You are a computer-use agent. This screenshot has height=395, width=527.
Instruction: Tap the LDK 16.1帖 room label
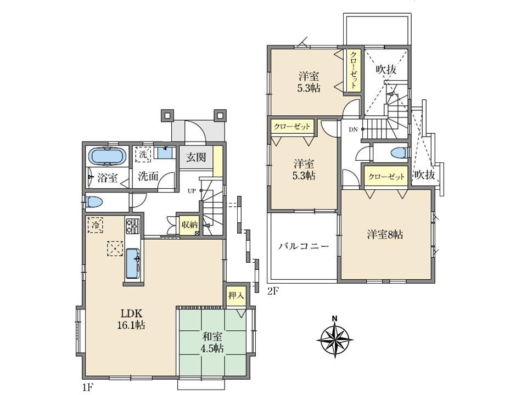point(132,319)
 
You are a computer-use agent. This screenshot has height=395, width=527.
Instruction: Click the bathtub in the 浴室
point(107,156)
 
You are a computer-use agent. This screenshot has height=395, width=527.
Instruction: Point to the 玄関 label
point(196,158)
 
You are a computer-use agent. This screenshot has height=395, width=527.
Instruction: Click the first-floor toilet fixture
point(94,202)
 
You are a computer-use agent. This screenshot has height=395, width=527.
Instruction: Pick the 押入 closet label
point(236,296)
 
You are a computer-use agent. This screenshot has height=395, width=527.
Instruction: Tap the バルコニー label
point(303,246)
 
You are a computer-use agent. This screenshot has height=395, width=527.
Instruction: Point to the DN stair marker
point(354,129)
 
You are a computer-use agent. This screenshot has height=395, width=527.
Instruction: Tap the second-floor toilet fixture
point(396,153)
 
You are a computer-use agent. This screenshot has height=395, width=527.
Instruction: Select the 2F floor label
point(273,290)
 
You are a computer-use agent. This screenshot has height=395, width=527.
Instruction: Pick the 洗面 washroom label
point(148,177)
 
